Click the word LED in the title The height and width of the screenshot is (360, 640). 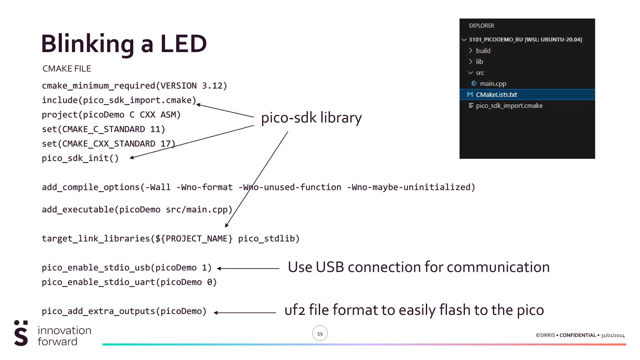click(183, 44)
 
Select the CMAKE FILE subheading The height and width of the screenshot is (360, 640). click(67, 69)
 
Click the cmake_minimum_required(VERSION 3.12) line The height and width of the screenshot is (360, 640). click(134, 86)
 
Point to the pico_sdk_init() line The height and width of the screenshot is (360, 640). click(80, 158)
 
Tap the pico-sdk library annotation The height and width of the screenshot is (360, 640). click(311, 118)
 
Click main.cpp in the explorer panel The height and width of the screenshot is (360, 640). click(493, 84)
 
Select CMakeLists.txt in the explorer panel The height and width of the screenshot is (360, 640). click(496, 95)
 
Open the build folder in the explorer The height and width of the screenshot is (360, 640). click(483, 51)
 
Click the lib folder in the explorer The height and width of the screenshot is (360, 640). click(479, 62)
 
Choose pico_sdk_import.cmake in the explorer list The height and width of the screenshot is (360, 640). click(509, 106)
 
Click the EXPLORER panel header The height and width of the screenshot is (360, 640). click(481, 26)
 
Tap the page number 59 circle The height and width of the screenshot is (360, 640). click(320, 334)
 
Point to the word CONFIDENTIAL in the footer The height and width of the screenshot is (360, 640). click(577, 335)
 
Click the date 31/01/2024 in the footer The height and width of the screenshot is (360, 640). click(612, 336)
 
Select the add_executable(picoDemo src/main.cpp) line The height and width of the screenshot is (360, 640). click(137, 209)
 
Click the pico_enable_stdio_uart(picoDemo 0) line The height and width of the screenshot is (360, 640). click(129, 282)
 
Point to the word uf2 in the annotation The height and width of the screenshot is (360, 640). click(294, 310)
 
